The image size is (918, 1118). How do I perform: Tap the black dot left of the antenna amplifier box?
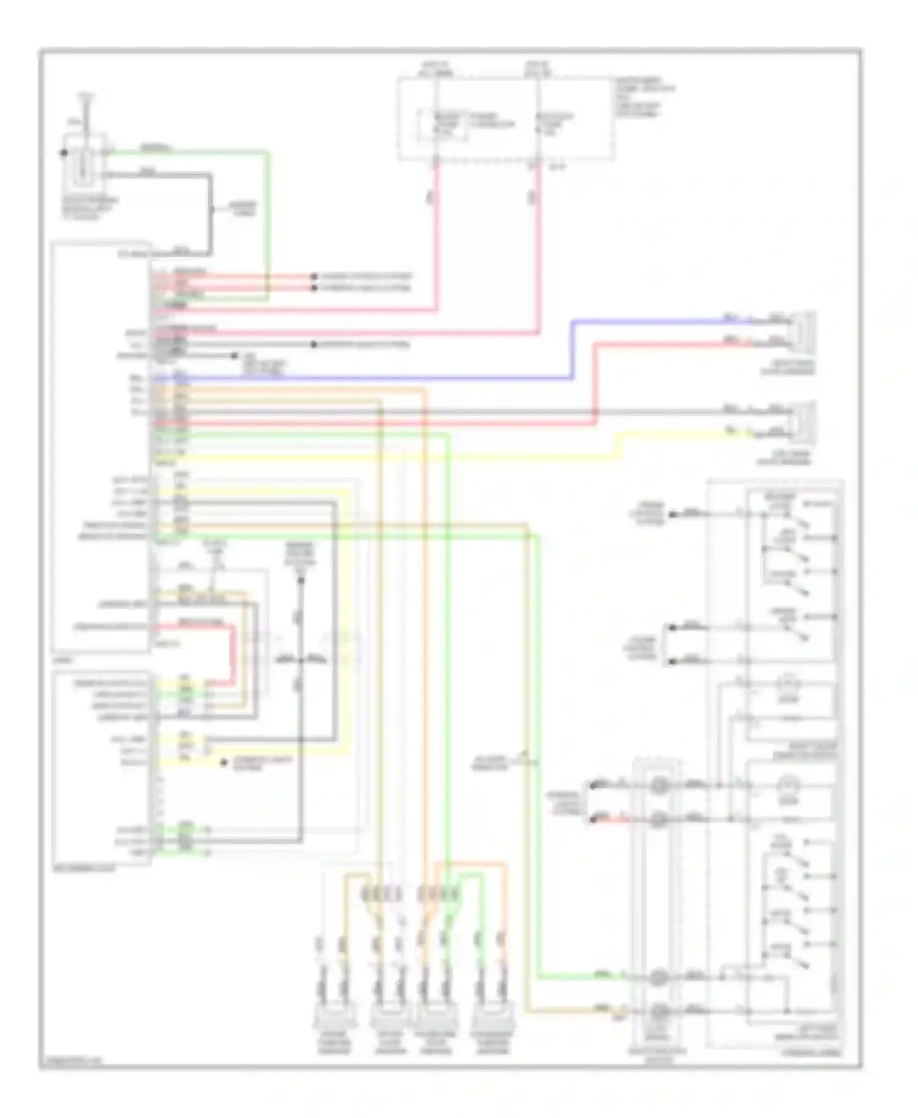tap(64, 153)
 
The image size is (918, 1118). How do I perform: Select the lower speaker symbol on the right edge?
tap(805, 423)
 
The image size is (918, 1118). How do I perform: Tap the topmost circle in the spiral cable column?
tap(659, 785)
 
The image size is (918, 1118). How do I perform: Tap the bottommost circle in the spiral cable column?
tap(659, 1012)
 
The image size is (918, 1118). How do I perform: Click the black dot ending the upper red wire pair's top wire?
tap(314, 276)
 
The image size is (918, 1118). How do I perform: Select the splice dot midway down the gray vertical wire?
tap(300, 661)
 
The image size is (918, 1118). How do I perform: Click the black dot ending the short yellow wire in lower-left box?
tap(224, 763)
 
